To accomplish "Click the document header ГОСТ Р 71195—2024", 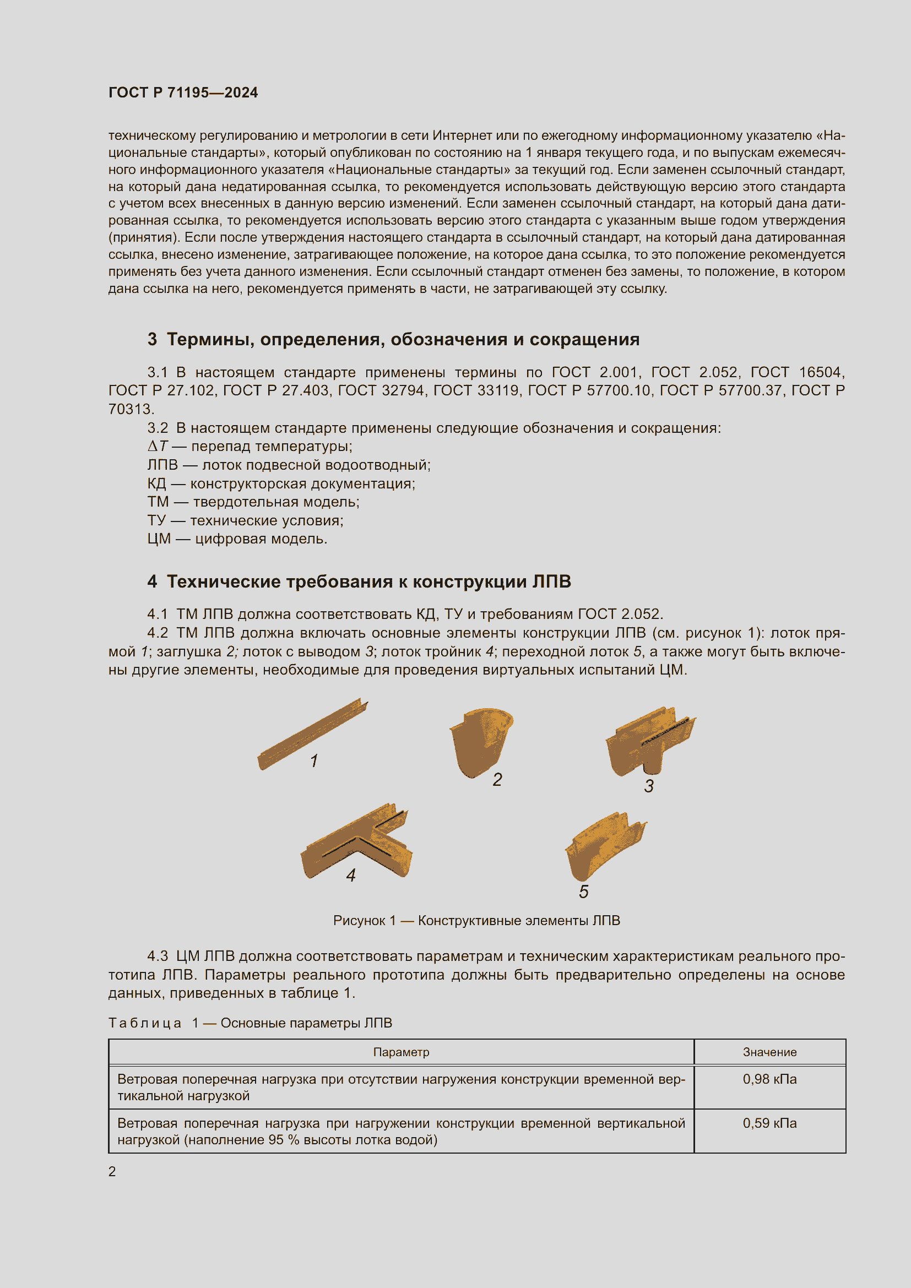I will point(183,93).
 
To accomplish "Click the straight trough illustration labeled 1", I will point(311,733).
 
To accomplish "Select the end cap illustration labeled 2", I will point(480,741).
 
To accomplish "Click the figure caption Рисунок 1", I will point(476,921).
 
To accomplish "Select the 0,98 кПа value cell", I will point(769,1079).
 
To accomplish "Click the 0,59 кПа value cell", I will point(769,1123).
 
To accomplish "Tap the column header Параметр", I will point(401,1052).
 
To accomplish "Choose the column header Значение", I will point(769,1052).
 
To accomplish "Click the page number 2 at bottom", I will point(112,1171).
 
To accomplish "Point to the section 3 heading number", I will point(152,339).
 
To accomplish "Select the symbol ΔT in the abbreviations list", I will point(157,447).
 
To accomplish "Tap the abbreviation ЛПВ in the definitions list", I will point(162,465).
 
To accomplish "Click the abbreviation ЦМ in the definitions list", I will point(159,539).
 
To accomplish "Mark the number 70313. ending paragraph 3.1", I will point(131,409).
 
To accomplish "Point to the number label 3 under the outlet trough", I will point(648,786).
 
